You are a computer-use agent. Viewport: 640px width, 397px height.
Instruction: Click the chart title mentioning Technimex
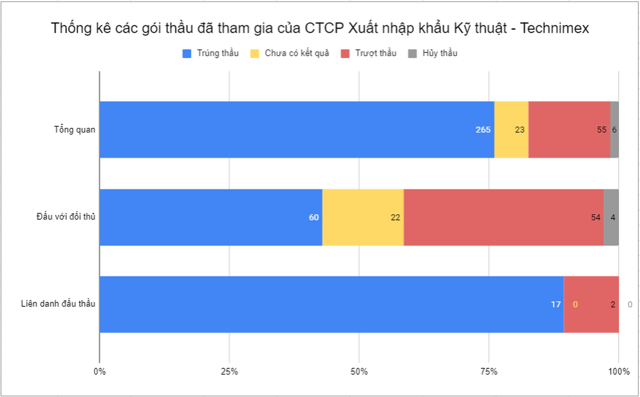(320, 28)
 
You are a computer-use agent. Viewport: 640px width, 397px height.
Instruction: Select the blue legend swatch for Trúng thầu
(187, 54)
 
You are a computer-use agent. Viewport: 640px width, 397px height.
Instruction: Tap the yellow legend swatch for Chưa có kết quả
(255, 54)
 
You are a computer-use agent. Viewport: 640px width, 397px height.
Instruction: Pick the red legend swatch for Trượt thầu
(345, 54)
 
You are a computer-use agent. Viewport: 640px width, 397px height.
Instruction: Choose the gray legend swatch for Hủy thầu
(412, 54)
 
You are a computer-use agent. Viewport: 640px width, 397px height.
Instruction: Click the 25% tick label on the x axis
(229, 372)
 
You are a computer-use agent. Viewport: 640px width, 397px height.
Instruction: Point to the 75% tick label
(488, 372)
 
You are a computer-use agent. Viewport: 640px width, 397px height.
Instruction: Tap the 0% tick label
(100, 372)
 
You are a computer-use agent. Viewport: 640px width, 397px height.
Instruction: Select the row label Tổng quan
(75, 130)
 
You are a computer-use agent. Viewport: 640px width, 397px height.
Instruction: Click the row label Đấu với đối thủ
(66, 217)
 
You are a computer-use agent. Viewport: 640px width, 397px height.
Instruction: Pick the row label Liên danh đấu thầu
(58, 304)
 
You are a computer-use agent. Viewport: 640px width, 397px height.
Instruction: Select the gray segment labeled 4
(611, 217)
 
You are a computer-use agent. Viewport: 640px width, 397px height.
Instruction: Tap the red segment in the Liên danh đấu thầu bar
(591, 304)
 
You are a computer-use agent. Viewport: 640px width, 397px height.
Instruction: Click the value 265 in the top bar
(483, 130)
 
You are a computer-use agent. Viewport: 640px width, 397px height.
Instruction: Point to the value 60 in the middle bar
(314, 218)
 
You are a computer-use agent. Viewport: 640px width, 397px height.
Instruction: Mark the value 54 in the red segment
(596, 218)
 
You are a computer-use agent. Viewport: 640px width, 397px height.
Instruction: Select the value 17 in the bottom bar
(556, 304)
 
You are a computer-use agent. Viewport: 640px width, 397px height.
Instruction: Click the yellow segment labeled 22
(363, 217)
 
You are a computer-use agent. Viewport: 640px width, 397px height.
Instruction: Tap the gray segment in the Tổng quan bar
(615, 129)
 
